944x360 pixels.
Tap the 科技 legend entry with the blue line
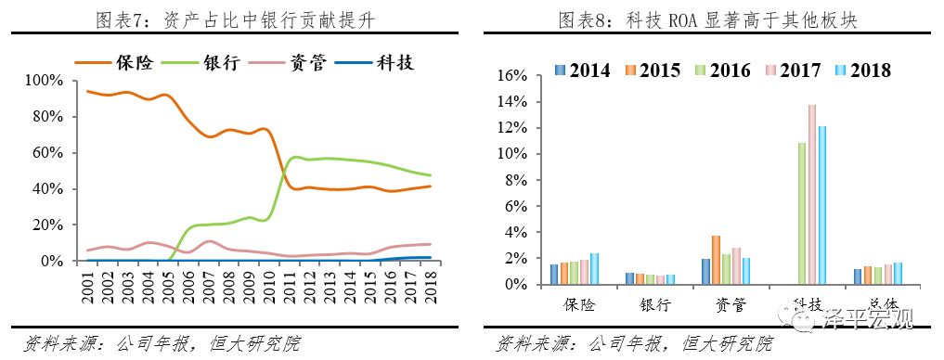(x=394, y=62)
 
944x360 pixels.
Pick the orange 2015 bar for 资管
(x=716, y=260)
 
